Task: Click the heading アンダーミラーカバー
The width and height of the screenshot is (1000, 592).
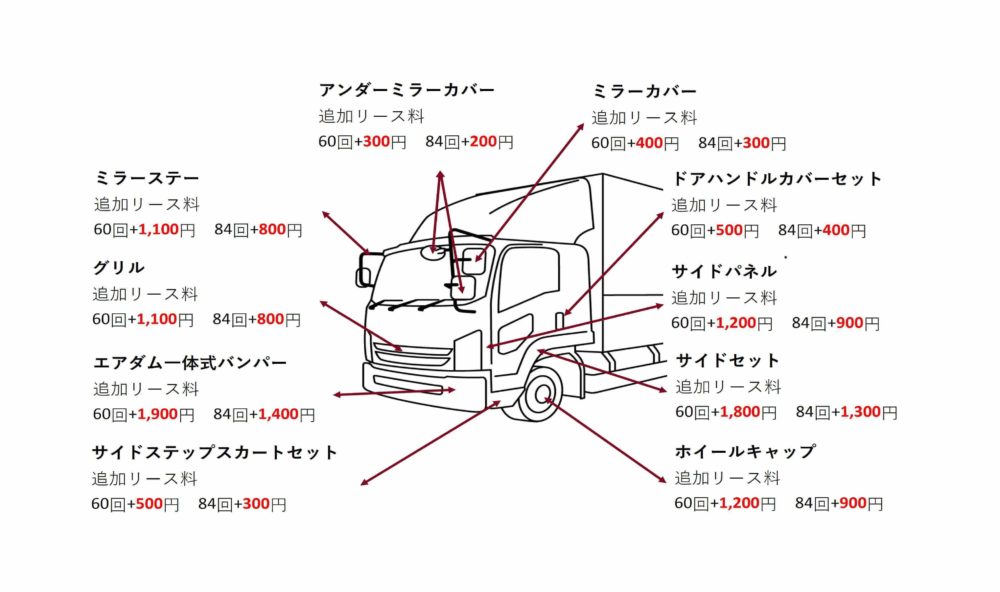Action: tap(406, 90)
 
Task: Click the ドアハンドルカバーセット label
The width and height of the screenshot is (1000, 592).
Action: tap(776, 179)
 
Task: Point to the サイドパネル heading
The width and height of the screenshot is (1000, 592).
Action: tap(723, 272)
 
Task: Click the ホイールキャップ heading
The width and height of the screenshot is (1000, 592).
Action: tap(745, 452)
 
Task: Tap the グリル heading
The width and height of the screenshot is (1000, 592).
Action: tap(119, 268)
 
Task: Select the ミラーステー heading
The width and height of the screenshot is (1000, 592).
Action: tap(146, 178)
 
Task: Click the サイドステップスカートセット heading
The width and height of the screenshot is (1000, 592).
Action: tap(215, 453)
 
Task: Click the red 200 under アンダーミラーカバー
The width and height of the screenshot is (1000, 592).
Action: tap(483, 142)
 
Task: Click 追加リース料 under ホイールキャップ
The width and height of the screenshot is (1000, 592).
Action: tap(727, 478)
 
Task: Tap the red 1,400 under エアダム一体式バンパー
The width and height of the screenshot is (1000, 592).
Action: tap(276, 414)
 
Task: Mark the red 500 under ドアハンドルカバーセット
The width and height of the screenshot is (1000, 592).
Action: tap(729, 231)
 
